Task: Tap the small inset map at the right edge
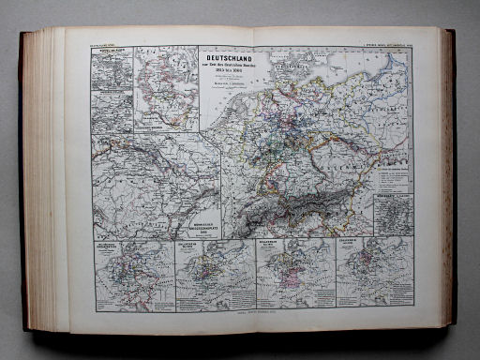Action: coord(393,215)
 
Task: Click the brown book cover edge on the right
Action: coord(452,178)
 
